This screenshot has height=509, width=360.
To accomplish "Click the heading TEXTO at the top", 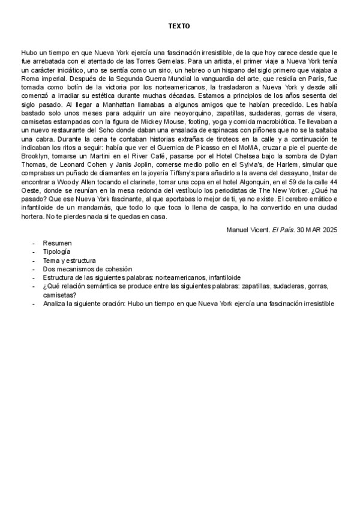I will coord(179,27).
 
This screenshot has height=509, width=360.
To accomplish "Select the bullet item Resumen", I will coord(57,244).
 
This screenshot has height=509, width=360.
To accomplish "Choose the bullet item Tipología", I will coord(56,252).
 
